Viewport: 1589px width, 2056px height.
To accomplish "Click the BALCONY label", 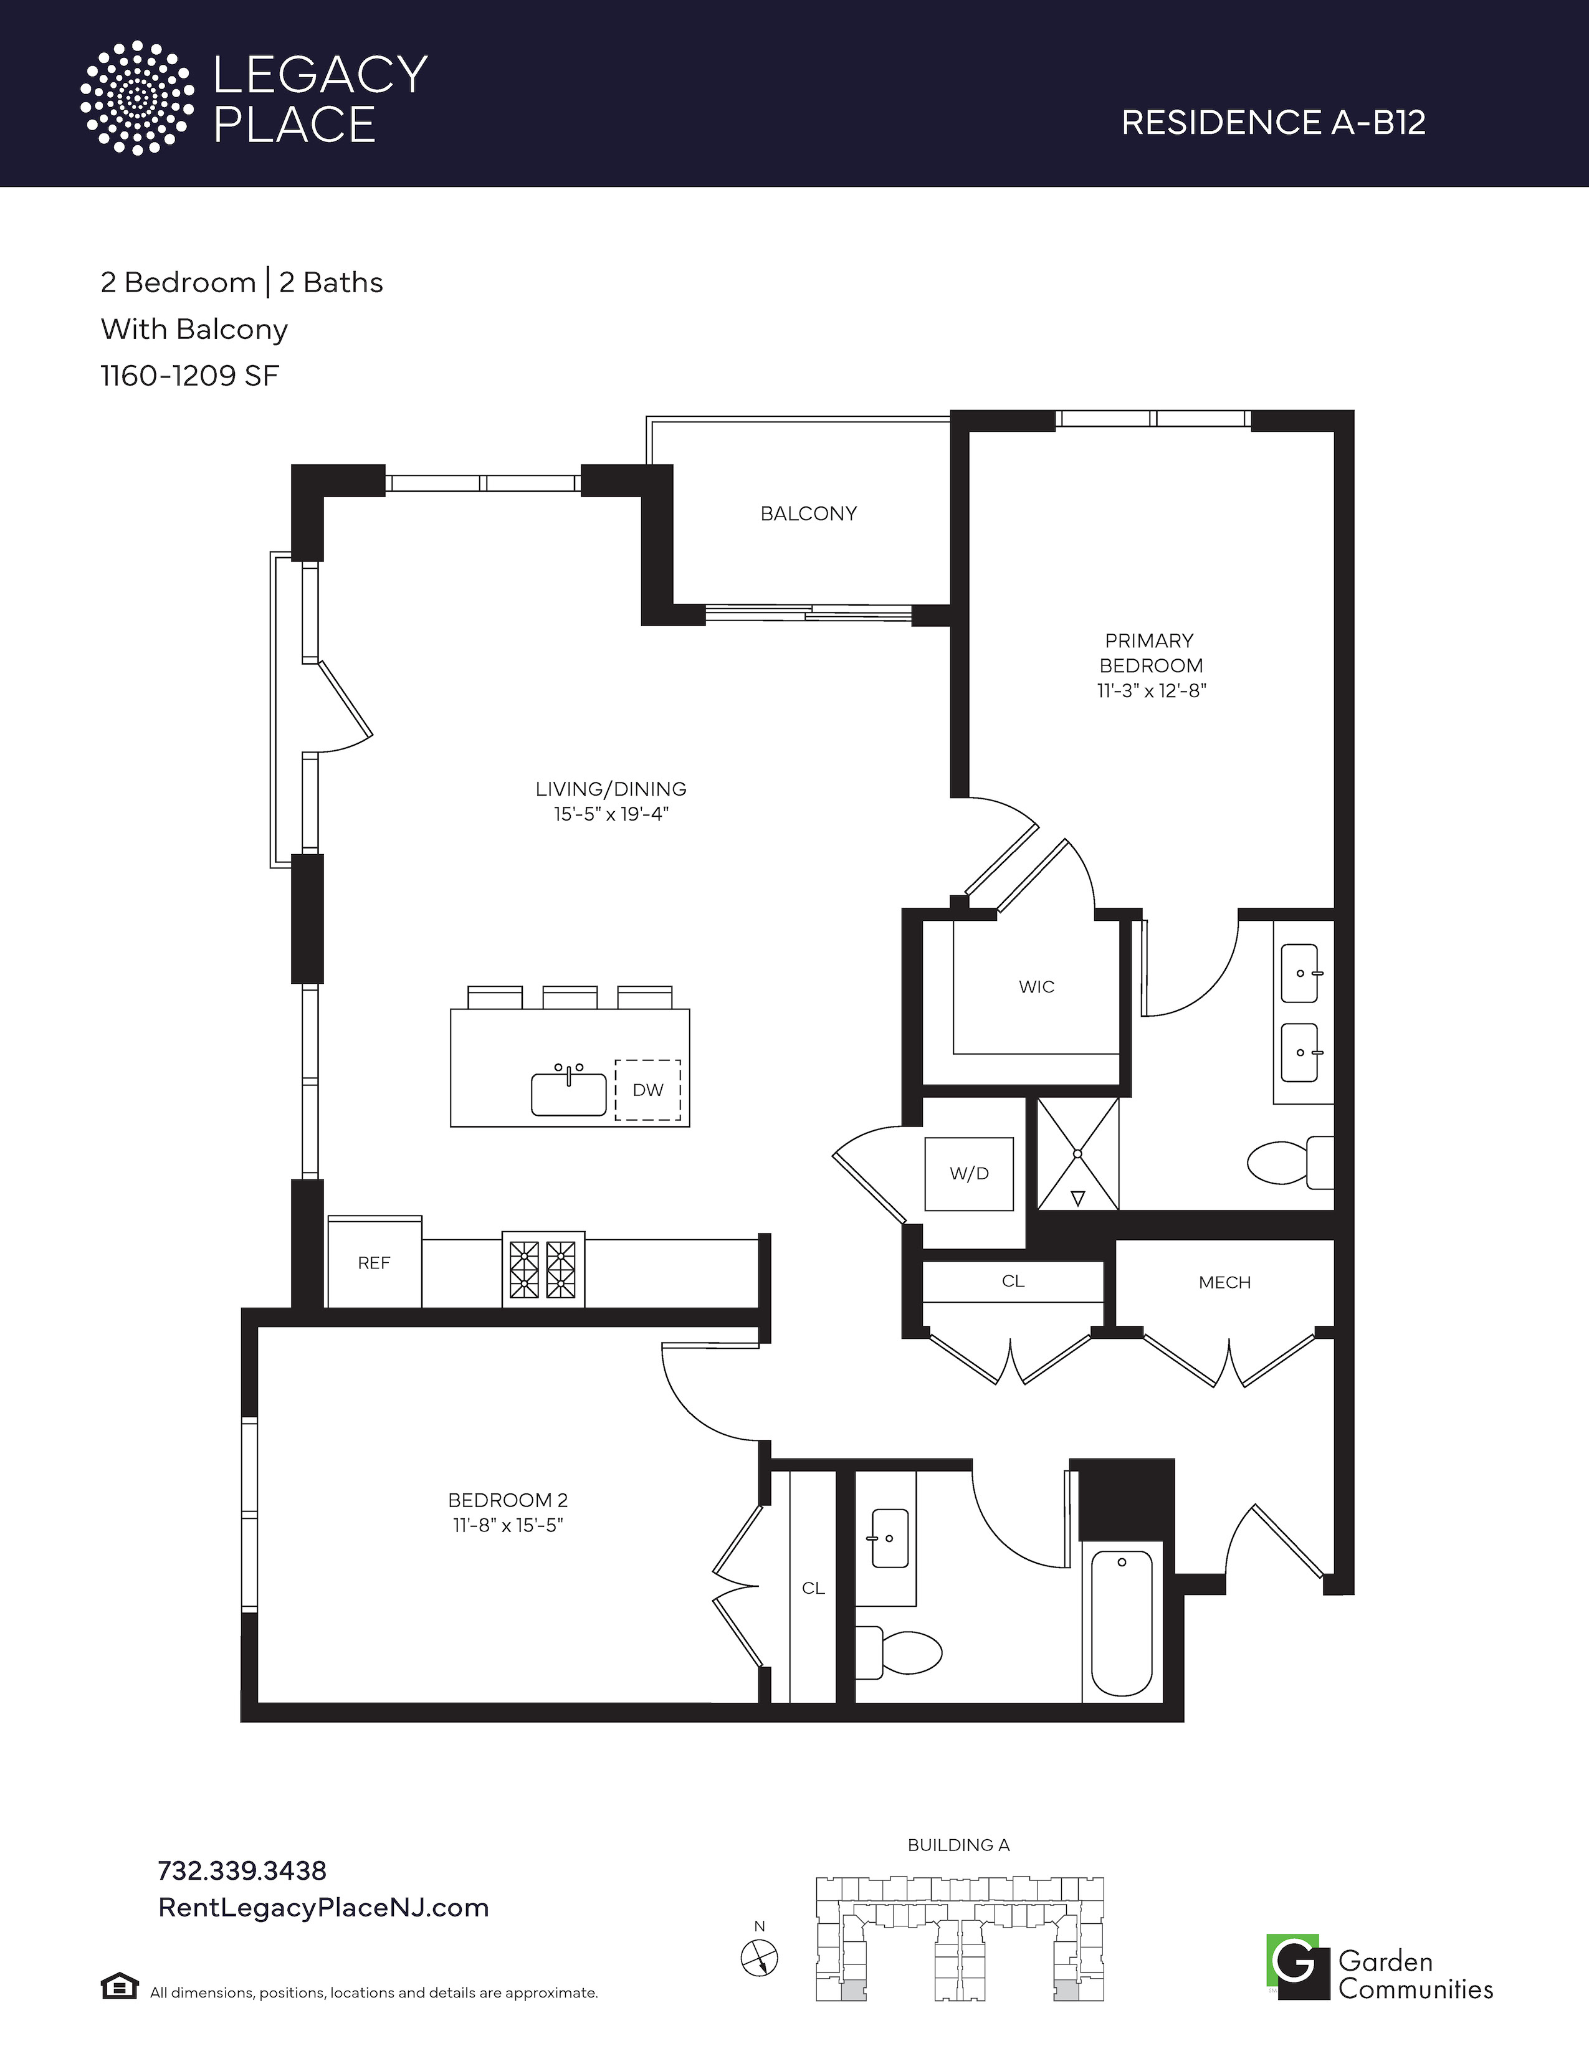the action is click(809, 514).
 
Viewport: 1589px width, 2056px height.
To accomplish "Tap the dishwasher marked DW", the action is click(647, 1090).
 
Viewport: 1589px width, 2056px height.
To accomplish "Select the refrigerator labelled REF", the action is click(374, 1262).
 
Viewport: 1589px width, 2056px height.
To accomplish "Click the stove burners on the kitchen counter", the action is click(542, 1269).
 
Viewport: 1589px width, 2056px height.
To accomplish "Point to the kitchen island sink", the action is click(568, 1092).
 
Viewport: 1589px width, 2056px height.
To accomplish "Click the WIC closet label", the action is click(1036, 987).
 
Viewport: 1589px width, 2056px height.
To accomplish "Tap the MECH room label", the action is click(1224, 1282).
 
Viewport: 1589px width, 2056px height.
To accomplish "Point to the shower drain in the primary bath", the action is click(1079, 1153).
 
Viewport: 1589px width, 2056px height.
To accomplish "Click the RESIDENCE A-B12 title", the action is click(1274, 122).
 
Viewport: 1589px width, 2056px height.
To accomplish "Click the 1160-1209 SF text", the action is click(190, 376).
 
